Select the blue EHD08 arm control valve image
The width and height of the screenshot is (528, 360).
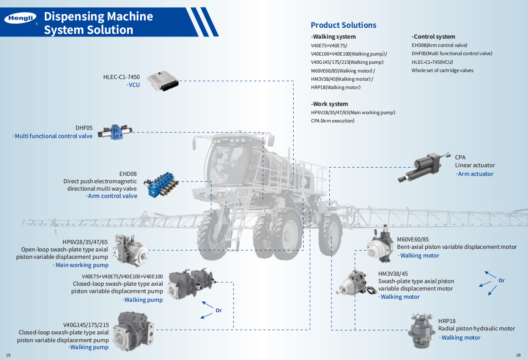(x=161, y=184)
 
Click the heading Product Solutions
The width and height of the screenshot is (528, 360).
(x=343, y=25)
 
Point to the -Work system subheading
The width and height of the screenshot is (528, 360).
(x=329, y=104)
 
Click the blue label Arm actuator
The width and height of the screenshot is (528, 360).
(x=476, y=174)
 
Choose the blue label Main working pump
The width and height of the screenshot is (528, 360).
(x=82, y=265)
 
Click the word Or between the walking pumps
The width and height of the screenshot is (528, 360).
(x=219, y=310)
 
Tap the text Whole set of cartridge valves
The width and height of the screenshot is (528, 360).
(x=442, y=70)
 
